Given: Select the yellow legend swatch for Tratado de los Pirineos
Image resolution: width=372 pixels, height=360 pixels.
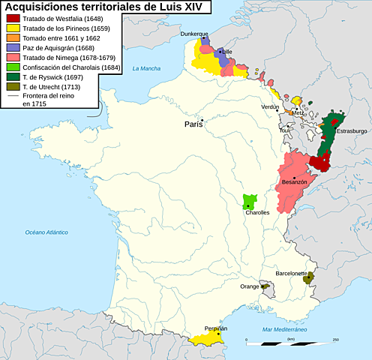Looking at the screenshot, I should [11, 30].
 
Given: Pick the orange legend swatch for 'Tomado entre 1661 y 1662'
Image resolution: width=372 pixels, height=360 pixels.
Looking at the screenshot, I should [11, 40].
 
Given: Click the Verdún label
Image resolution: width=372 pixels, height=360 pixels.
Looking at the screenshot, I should [270, 107].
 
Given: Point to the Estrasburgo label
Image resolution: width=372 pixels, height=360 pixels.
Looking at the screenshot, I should [351, 131].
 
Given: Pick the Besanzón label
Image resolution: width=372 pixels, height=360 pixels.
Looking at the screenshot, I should [294, 182].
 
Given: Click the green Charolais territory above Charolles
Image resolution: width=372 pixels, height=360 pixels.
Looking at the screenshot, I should [250, 200].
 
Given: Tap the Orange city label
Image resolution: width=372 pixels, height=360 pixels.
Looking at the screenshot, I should [250, 286].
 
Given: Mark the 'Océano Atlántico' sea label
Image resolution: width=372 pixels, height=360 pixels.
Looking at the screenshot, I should [46, 232].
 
